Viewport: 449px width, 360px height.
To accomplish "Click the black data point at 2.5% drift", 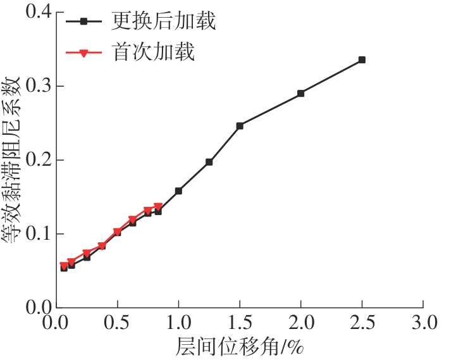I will pos(362,60).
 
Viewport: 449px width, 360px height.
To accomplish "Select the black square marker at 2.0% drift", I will pos(300,93).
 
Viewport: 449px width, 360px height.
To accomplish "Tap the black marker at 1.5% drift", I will pos(240,126).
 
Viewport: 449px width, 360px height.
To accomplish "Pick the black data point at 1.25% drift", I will pos(209,162).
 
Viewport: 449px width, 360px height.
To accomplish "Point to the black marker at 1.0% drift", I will pos(178,190).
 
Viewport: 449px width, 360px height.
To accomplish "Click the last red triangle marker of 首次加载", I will pos(158,207).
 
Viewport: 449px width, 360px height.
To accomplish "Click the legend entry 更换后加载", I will pos(164,22).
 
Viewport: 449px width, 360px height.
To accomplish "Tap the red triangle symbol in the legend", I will pos(83,53).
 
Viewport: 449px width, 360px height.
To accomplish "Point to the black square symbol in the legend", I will pos(83,22).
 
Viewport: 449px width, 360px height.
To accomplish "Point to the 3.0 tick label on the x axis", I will pos(423,323).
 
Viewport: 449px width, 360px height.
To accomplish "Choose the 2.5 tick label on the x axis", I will pos(362,323).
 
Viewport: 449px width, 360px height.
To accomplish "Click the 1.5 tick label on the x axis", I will pos(240,323).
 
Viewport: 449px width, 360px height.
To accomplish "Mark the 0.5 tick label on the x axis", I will pos(118,323).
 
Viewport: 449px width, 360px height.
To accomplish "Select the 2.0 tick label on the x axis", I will pos(300,323).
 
